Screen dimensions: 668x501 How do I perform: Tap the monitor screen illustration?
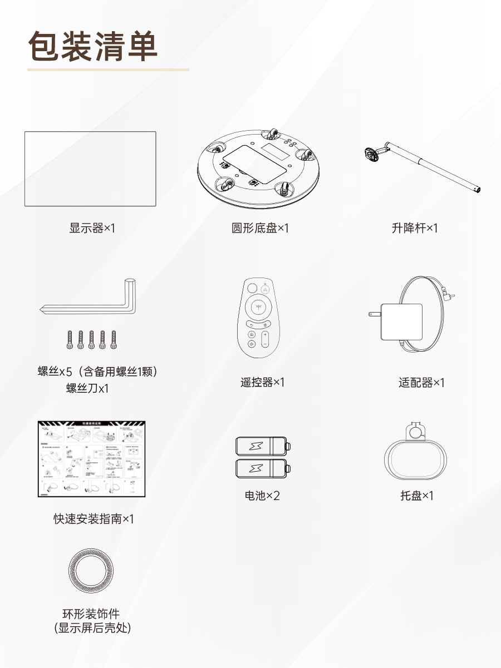(90, 169)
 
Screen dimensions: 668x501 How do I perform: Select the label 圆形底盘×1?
(261, 228)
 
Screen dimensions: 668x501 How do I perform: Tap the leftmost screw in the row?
(70, 339)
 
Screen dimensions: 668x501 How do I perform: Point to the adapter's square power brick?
(401, 322)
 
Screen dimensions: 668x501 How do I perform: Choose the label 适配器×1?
(421, 383)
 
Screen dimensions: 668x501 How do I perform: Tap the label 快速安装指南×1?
(94, 519)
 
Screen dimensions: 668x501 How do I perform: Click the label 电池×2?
(262, 496)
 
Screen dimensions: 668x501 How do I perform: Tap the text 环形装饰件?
(91, 615)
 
